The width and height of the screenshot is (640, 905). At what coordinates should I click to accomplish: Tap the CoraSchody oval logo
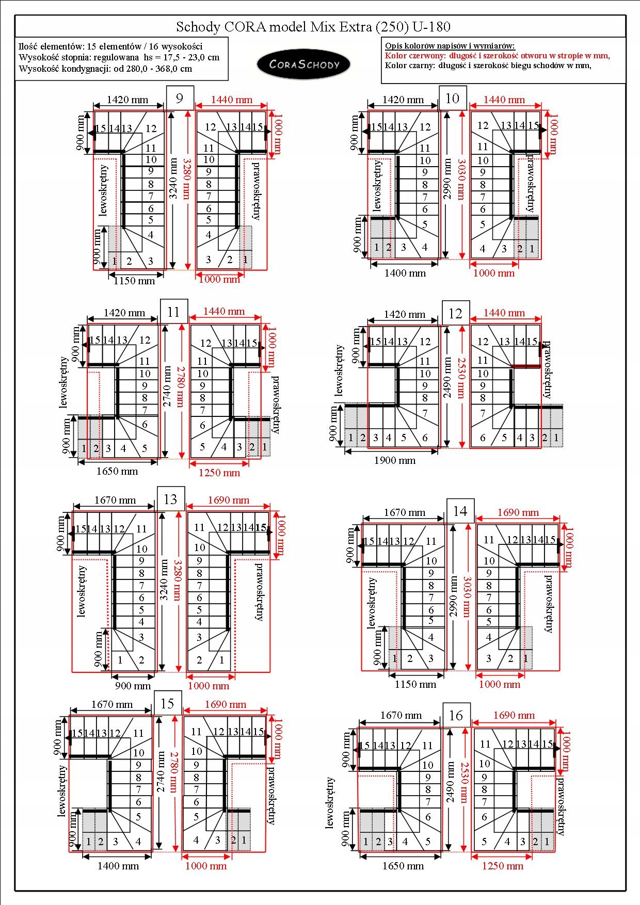click(x=304, y=64)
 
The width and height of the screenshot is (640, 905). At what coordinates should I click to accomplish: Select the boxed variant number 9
click(x=180, y=98)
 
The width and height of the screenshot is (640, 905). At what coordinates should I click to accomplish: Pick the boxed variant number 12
click(x=456, y=313)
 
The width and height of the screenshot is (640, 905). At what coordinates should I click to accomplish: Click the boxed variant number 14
click(x=460, y=511)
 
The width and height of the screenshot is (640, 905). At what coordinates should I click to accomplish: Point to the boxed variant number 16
click(x=456, y=715)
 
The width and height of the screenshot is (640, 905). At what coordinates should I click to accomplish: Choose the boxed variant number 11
click(x=173, y=312)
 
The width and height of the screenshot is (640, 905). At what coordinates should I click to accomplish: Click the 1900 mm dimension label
click(x=395, y=460)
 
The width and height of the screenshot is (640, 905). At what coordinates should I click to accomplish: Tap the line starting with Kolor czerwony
click(x=498, y=56)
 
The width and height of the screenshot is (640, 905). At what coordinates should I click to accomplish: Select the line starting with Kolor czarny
click(x=488, y=66)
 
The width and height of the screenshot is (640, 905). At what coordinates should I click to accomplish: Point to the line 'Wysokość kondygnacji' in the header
click(x=105, y=69)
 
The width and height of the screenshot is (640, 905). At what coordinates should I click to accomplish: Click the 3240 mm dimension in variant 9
click(x=174, y=179)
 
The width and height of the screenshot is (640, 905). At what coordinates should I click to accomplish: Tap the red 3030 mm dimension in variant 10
click(x=461, y=179)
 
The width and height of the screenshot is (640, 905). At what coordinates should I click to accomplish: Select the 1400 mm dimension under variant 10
click(x=405, y=273)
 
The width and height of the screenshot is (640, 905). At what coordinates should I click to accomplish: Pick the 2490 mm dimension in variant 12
click(x=447, y=378)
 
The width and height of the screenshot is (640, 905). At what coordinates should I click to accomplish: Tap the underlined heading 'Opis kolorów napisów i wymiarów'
click(x=450, y=46)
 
